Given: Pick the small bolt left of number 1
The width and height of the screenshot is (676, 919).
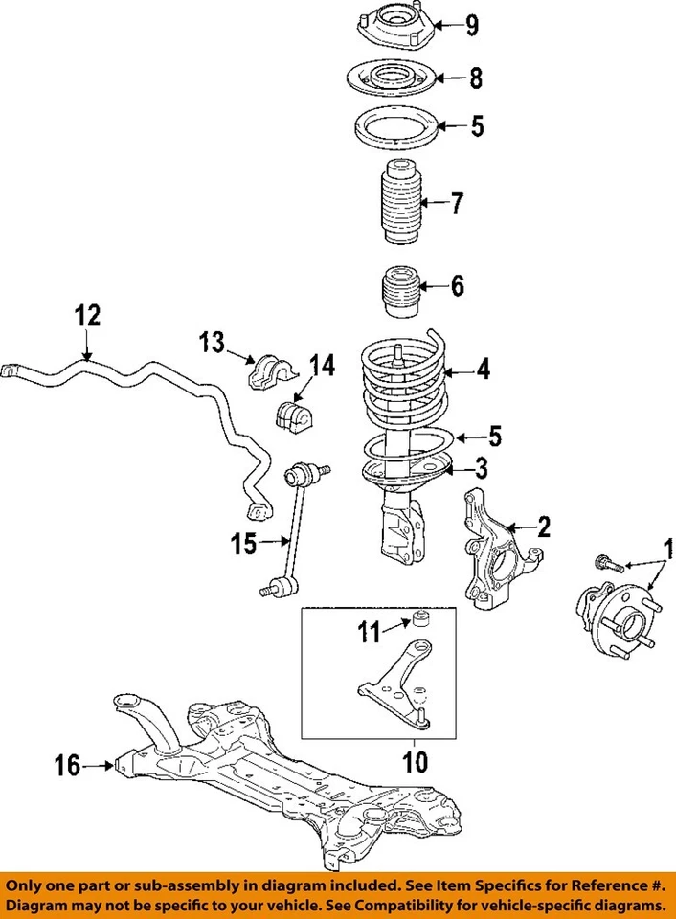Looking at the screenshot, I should tap(607, 564).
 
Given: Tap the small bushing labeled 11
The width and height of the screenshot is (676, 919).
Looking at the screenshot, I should tap(418, 616).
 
